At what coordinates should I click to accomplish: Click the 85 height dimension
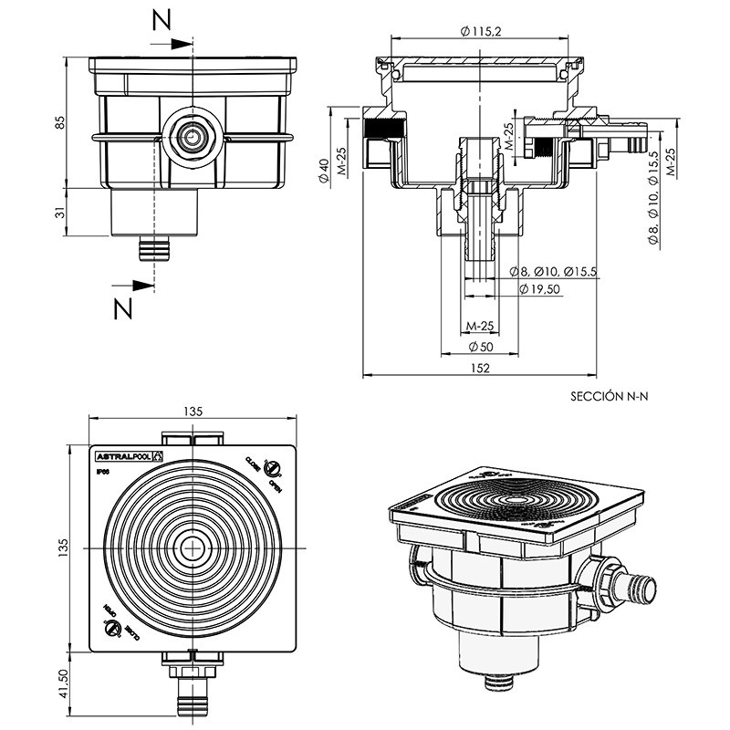61,124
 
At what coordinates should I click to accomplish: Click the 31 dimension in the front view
61,212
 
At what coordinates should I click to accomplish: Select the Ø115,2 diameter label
483,30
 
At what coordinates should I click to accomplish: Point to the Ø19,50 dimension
538,288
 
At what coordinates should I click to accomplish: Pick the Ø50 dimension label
481,347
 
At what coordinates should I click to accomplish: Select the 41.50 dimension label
61,683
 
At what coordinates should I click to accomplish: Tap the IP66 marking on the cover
103,472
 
